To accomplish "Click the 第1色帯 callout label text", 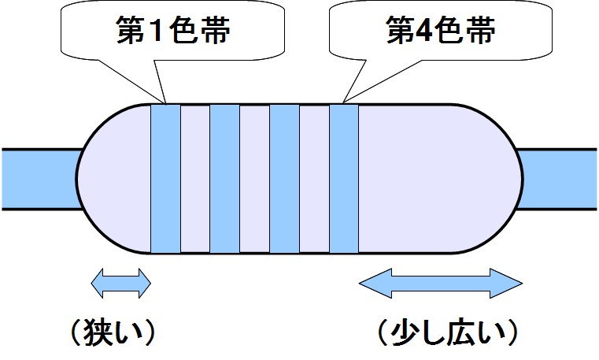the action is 173,29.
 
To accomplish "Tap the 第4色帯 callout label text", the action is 441,29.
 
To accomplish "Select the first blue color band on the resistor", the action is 165,179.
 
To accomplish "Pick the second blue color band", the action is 225,179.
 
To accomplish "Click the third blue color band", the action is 285,179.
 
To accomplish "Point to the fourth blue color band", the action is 344,179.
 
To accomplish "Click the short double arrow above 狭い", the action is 120,283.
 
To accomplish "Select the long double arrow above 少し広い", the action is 441,283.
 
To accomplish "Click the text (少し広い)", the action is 448,332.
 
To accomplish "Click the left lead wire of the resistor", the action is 41,179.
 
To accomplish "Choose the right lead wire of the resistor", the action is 557,179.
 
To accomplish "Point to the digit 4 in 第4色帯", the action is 422,30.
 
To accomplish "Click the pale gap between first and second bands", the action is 195,179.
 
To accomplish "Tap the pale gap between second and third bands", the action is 255,179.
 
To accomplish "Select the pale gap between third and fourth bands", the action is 314,179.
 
